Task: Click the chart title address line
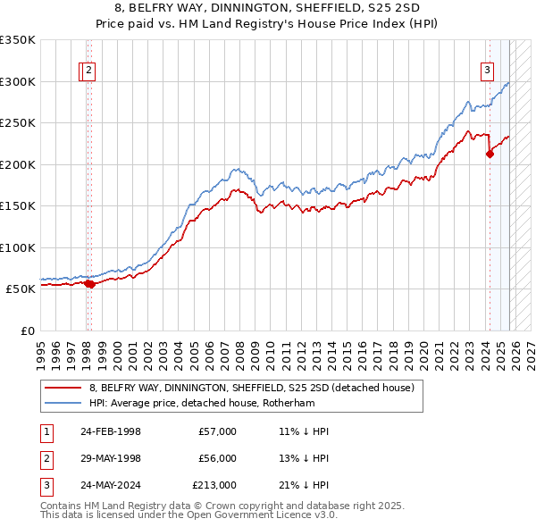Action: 268,7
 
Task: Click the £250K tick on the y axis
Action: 18,123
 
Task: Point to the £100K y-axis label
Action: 18,247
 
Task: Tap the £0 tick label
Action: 27,330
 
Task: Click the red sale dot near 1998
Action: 90,284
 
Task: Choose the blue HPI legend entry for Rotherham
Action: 214,403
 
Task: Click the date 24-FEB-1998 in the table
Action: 110,431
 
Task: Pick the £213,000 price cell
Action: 214,485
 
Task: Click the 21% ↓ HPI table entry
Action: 304,485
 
